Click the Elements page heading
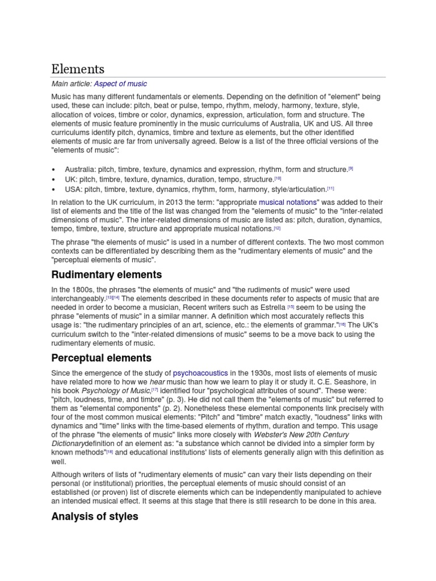(x=78, y=69)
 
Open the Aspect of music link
(x=120, y=84)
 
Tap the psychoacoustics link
(x=200, y=373)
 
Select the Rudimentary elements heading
(x=106, y=275)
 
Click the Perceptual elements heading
(x=101, y=358)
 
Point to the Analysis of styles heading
(x=94, y=517)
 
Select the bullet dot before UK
(x=53, y=179)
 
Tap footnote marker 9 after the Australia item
(x=351, y=168)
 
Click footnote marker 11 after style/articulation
(x=331, y=188)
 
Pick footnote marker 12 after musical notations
(x=277, y=228)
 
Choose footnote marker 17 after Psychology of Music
(x=155, y=390)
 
